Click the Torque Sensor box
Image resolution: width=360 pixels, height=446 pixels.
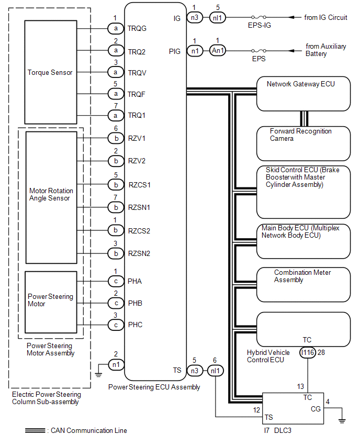(51, 72)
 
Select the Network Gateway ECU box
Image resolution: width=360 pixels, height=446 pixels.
(303, 94)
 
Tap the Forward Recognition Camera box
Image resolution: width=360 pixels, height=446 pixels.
(303, 143)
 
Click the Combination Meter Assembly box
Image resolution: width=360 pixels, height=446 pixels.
(303, 284)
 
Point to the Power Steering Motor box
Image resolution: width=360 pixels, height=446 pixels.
(51, 302)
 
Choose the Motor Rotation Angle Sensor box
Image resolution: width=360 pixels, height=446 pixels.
(51, 197)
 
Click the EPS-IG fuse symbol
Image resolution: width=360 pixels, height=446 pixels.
(259, 17)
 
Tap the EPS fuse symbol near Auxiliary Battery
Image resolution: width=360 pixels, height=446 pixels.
(259, 51)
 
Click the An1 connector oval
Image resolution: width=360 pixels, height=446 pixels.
(218, 51)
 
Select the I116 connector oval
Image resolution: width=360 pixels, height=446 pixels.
(308, 353)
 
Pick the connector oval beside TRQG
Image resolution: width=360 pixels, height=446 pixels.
(116, 28)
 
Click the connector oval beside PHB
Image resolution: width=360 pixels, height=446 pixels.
(116, 303)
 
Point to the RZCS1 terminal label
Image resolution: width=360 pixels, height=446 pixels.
(139, 185)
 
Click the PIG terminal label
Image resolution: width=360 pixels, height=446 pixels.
(175, 51)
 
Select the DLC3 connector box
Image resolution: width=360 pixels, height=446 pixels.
(293, 408)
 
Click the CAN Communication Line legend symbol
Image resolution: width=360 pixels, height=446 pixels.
(35, 431)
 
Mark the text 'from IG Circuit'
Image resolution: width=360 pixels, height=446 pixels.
(325, 18)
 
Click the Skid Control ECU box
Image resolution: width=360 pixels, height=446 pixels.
(303, 192)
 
